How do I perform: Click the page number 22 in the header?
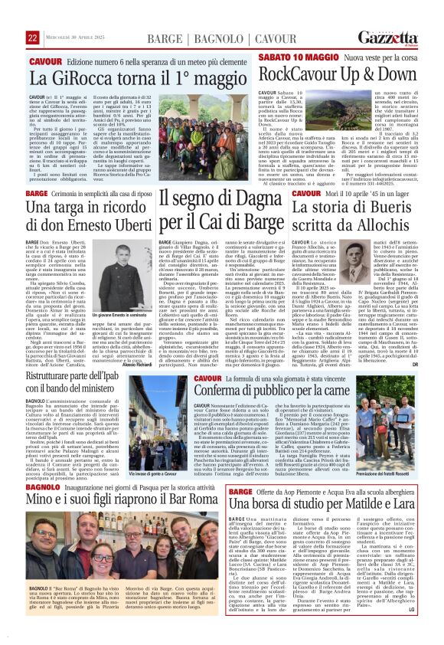[x=33, y=16]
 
